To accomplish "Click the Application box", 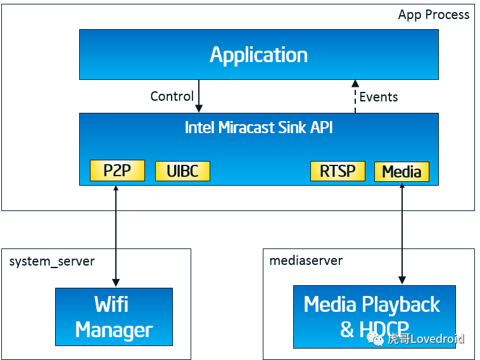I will pos(258,55).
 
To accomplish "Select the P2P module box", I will pos(117,170).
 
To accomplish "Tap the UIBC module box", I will pos(182,171).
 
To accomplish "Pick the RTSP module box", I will pos(338,170).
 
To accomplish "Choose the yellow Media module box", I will pos(401,172).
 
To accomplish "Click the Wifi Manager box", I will pos(114,317).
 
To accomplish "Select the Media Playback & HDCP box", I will pos(374,317).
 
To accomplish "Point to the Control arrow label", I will pos(172,96).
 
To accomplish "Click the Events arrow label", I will pos(379,97).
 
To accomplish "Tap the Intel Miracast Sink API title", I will pos(258,127).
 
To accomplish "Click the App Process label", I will pos(434,15).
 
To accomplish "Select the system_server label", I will pos(52,261).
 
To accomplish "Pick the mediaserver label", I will pos(306,261).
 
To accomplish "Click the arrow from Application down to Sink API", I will pos(199,96).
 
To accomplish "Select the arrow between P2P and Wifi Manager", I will pos(115,235).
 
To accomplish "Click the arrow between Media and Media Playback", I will pos(401,235).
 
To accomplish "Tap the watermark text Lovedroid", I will pos(437,339).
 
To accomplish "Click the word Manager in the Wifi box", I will pos(114,330).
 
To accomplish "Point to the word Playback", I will pos(403,305).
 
